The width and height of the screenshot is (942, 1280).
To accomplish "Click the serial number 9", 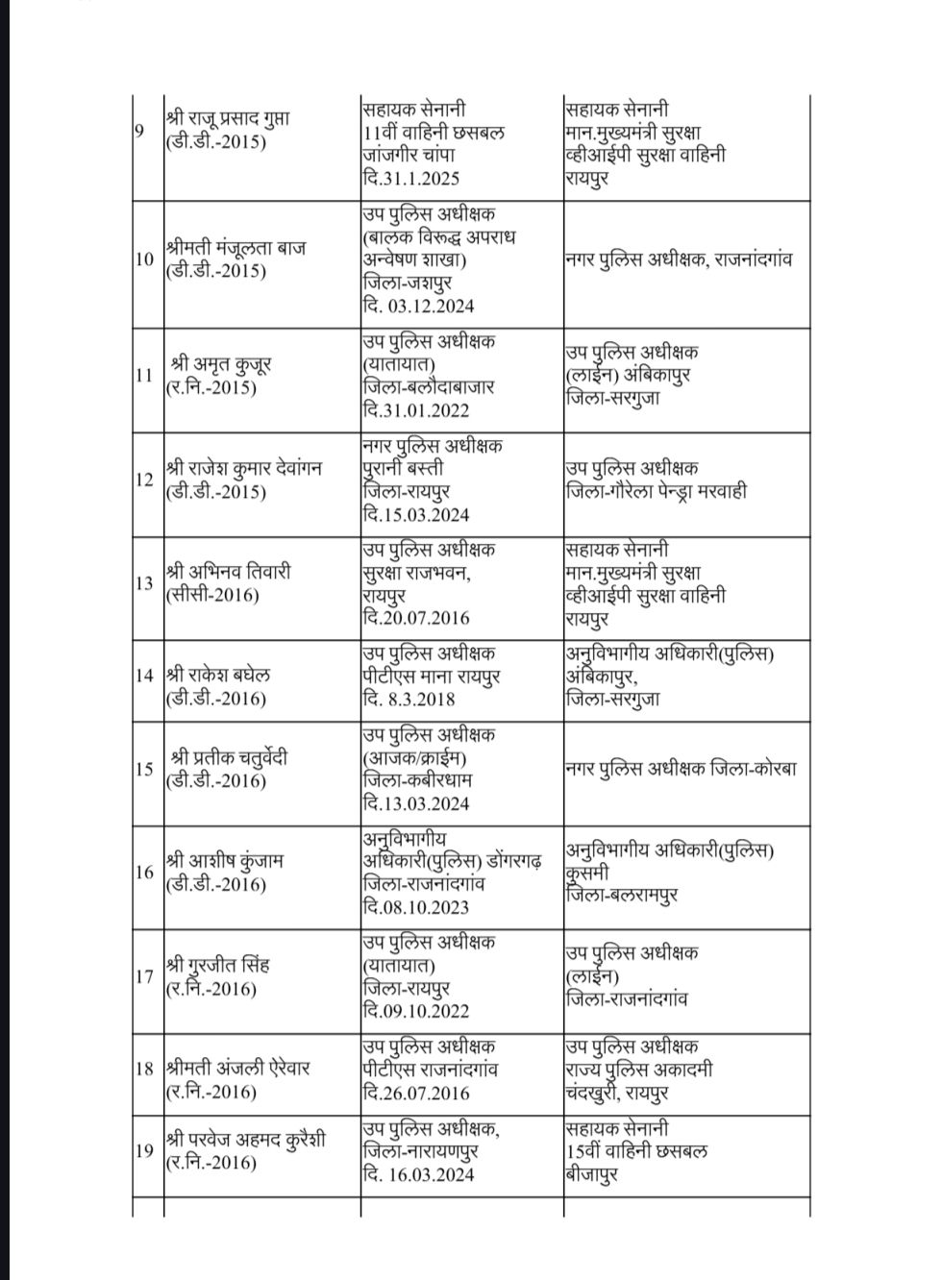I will [x=140, y=131].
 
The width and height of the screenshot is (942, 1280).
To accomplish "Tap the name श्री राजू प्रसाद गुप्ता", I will [x=228, y=119].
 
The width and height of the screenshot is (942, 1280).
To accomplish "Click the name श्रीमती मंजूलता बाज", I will [x=235, y=248].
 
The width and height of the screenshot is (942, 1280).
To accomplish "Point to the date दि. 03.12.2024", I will [x=418, y=307].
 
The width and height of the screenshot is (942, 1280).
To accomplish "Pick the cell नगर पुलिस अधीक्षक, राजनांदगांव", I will [x=679, y=259].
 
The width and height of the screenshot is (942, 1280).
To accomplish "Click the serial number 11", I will [x=144, y=376].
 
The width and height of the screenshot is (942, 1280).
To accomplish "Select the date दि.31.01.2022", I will [x=416, y=410].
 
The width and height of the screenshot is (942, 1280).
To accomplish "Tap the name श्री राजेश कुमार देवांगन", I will [x=243, y=469].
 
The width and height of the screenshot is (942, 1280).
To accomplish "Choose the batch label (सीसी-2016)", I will [x=212, y=596].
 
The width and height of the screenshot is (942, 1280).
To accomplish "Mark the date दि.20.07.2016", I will [x=416, y=618].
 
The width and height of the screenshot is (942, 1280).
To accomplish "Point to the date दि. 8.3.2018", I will [x=409, y=700].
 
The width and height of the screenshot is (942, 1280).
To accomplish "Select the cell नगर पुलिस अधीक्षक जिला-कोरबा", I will [x=681, y=769].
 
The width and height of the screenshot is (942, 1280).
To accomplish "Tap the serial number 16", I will [x=144, y=873].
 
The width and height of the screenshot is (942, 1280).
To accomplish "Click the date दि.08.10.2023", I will [x=416, y=907].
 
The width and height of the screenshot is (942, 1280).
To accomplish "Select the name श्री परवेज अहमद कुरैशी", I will [x=245, y=1140].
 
